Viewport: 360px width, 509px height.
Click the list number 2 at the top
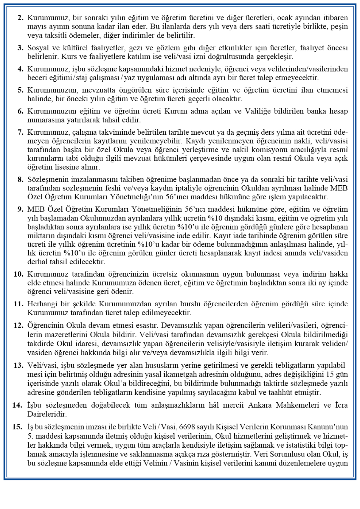pos(21,18)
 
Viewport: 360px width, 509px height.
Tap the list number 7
pos(21,132)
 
